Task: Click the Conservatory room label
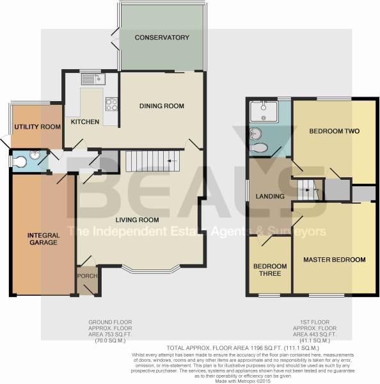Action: tap(162, 38)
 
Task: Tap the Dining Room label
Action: tap(162, 106)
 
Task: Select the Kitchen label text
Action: tap(84, 122)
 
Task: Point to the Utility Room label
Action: tap(38, 127)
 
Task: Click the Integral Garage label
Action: tap(44, 239)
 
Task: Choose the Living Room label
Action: tap(137, 221)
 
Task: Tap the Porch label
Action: tap(86, 276)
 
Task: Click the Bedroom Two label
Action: tap(334, 131)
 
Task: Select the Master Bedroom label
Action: tap(335, 260)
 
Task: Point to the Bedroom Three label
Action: tap(269, 271)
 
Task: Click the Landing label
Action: tap(269, 196)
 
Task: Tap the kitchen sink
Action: tap(93, 79)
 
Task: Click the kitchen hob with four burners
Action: tap(111, 104)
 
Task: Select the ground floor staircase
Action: tap(152, 161)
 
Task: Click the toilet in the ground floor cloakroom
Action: tap(19, 162)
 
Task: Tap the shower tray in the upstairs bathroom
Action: tap(263, 113)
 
